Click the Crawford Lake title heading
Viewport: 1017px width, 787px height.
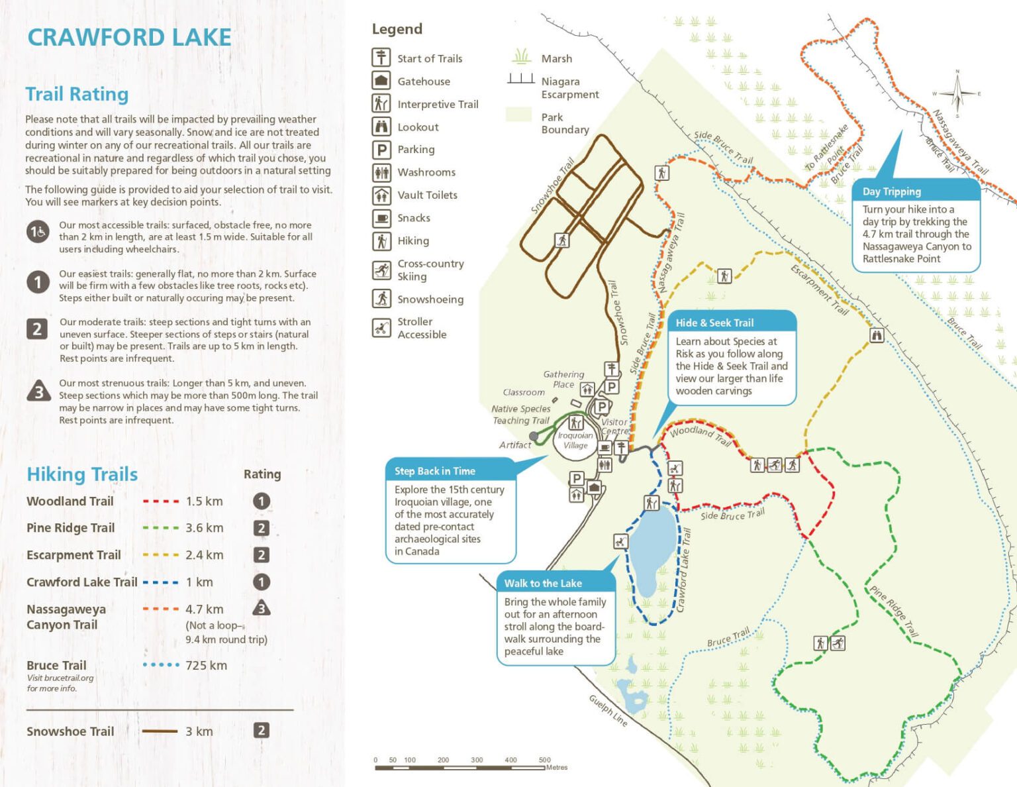pyautogui.click(x=129, y=37)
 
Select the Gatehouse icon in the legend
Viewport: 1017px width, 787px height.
pyautogui.click(x=381, y=81)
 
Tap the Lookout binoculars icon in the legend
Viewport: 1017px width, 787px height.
pyautogui.click(x=381, y=127)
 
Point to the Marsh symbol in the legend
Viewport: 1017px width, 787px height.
pyautogui.click(x=522, y=57)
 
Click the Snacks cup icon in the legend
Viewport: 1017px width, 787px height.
pyautogui.click(x=381, y=217)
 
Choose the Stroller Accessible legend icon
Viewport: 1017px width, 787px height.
pyautogui.click(x=381, y=327)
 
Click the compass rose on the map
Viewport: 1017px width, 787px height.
pyautogui.click(x=957, y=93)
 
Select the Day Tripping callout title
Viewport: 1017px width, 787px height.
pyautogui.click(x=891, y=191)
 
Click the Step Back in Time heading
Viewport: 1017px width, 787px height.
pyautogui.click(x=435, y=471)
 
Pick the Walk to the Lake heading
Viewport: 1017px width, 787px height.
pyautogui.click(x=543, y=583)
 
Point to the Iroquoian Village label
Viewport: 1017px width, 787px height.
pyautogui.click(x=575, y=441)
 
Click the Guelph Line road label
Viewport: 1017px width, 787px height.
pyautogui.click(x=608, y=710)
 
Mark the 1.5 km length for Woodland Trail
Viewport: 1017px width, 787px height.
pyautogui.click(x=204, y=501)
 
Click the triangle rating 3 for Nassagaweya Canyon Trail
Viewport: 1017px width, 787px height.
pyautogui.click(x=262, y=608)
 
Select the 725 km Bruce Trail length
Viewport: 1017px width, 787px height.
pyautogui.click(x=206, y=665)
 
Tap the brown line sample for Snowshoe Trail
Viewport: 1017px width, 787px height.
pyautogui.click(x=160, y=731)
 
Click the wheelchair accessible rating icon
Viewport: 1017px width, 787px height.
pyautogui.click(x=38, y=232)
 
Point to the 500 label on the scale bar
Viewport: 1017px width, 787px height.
pyautogui.click(x=544, y=760)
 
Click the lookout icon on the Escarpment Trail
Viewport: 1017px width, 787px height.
pyautogui.click(x=877, y=335)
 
